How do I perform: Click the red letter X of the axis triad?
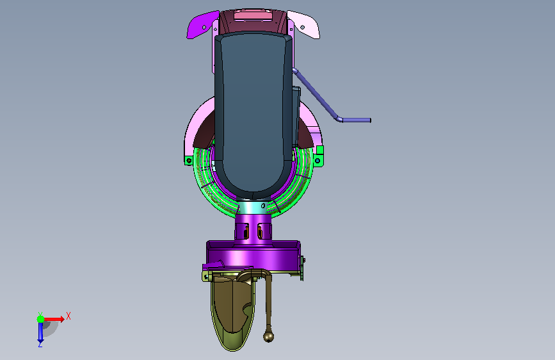[68, 316]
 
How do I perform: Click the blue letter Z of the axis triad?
[40, 344]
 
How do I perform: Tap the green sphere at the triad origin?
[40, 319]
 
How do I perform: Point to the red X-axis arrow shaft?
[52, 319]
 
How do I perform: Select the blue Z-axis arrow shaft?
[40, 331]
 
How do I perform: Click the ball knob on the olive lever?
[269, 336]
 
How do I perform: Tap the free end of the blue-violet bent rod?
[370, 120]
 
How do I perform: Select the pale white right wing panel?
[305, 24]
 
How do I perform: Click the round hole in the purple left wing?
[204, 28]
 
